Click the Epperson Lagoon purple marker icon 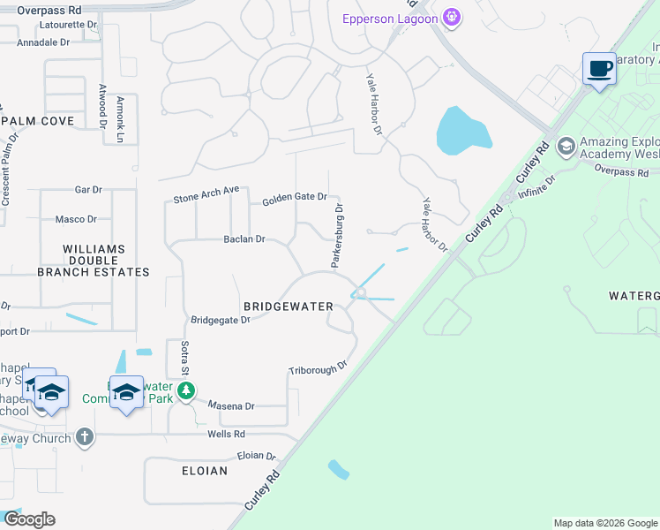tap(453, 17)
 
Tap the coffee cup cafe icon tap(599, 68)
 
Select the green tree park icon tap(185, 390)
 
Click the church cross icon tap(84, 435)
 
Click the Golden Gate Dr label tap(295, 200)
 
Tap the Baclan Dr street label tap(244, 238)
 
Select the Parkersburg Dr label tap(337, 236)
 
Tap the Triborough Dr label tap(319, 369)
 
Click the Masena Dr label tap(231, 405)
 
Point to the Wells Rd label tap(227, 434)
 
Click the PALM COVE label tap(37, 120)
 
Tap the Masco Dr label tap(76, 219)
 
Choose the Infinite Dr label tap(537, 186)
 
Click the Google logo tap(29, 519)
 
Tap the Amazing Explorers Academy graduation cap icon tap(566, 145)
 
